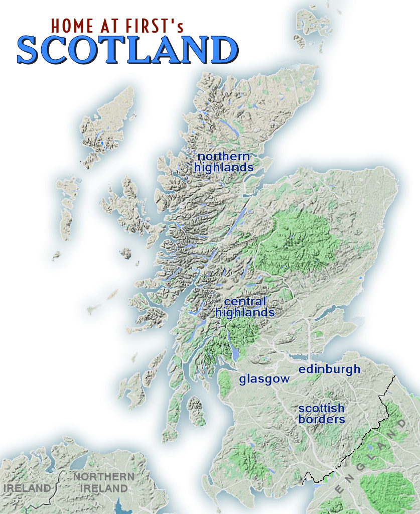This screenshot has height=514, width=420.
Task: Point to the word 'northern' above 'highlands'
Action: tap(223, 156)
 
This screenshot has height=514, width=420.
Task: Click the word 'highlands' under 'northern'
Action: tap(224, 168)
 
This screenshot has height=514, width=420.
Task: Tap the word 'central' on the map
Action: tap(244, 302)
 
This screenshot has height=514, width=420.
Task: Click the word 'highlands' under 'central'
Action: tap(245, 313)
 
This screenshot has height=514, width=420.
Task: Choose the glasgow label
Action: tap(264, 379)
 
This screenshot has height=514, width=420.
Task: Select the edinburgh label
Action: tap(329, 370)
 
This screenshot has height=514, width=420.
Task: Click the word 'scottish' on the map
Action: tap(321, 408)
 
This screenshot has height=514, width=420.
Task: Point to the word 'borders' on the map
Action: tap(322, 419)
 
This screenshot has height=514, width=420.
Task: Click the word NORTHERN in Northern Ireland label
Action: tap(103, 476)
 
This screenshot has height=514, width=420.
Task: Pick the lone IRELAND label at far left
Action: tap(27, 488)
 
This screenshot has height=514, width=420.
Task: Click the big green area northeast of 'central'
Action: tap(296, 241)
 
